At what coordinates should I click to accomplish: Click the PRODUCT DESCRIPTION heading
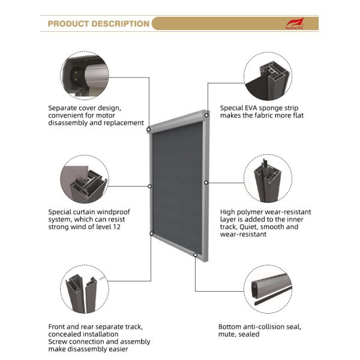click(x=98, y=24)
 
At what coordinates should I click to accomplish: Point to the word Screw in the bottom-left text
click(x=59, y=342)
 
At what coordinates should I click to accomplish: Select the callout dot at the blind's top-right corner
click(x=207, y=113)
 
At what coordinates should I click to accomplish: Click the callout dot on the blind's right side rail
click(x=206, y=182)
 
